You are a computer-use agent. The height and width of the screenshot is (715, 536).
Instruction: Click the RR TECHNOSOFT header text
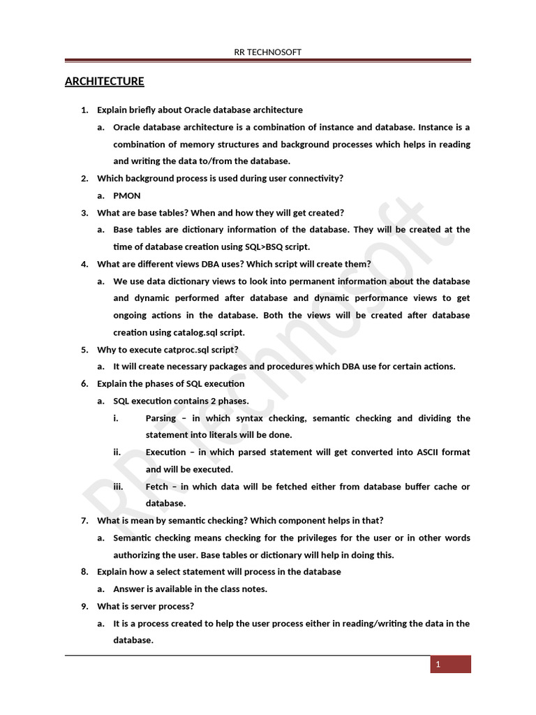(x=268, y=52)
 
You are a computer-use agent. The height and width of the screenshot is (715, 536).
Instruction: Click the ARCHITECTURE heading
(x=105, y=82)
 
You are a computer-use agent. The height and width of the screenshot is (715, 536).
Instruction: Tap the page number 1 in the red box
(x=438, y=665)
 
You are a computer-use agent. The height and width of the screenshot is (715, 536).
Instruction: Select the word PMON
(x=127, y=196)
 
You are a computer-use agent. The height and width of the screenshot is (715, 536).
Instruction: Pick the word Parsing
(x=161, y=418)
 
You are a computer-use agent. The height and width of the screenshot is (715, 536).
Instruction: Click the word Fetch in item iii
(x=158, y=487)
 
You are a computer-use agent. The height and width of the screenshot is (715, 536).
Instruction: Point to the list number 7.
(x=84, y=521)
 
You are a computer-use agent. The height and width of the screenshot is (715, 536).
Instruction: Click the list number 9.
(x=84, y=606)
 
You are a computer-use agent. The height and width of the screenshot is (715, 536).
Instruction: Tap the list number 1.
(x=84, y=110)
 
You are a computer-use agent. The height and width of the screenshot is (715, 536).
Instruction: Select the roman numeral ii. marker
(x=117, y=452)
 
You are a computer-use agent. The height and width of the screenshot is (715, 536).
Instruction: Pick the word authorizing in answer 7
(x=137, y=555)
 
